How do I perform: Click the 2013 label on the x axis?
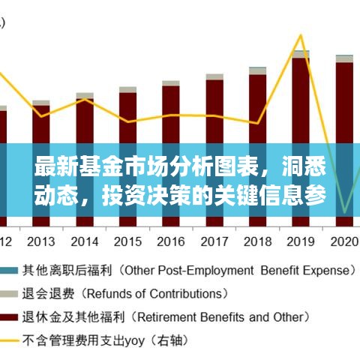(x=41, y=241)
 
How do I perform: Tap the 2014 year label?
(x=85, y=241)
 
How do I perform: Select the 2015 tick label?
(x=127, y=241)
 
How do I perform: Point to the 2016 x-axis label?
(x=171, y=241)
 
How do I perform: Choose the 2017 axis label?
(x=214, y=241)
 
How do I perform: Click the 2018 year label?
(x=257, y=241)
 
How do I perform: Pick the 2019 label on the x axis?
(x=301, y=241)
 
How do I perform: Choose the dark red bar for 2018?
(x=257, y=105)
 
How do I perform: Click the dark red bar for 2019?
(x=301, y=97)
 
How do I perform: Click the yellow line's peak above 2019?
(x=301, y=34)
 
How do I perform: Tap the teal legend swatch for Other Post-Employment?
(x=10, y=269)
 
